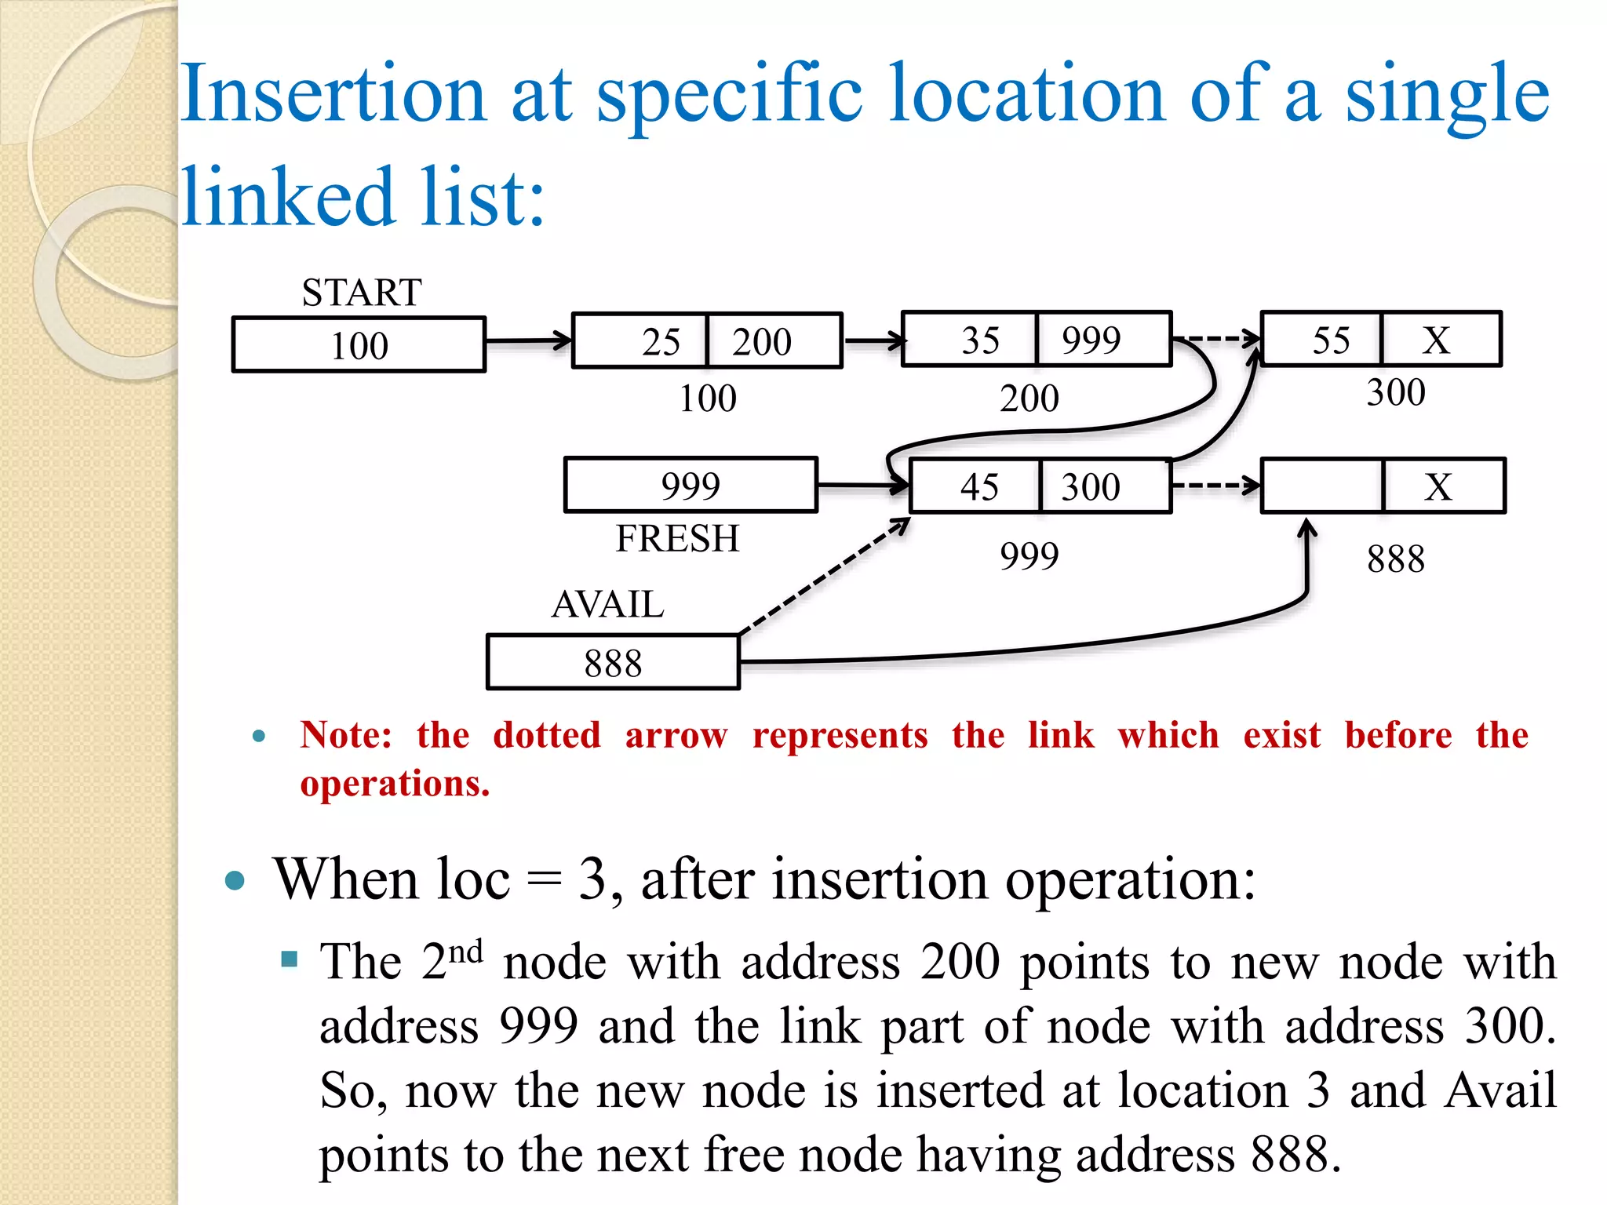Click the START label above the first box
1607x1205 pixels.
click(x=362, y=293)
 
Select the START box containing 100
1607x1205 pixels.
click(x=359, y=344)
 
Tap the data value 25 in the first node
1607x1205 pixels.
click(x=661, y=341)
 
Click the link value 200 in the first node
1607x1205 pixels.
click(x=761, y=341)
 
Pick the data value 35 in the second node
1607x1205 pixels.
click(x=980, y=340)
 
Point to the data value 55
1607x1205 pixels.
click(x=1331, y=340)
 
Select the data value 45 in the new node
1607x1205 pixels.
click(x=979, y=486)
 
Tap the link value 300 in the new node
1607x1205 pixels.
click(x=1091, y=486)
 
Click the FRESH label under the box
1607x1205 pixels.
click(x=677, y=538)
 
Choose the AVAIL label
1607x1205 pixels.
click(x=607, y=604)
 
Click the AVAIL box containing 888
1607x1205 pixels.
click(x=613, y=663)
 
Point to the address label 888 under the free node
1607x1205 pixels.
click(x=1395, y=559)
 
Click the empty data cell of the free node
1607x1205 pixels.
click(x=1321, y=486)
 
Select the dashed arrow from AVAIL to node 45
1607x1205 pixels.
click(x=824, y=577)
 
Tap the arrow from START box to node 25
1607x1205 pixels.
click(x=528, y=341)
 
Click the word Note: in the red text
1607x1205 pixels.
click(x=346, y=736)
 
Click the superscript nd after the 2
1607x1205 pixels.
click(x=465, y=951)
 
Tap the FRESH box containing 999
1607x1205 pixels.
click(x=691, y=486)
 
